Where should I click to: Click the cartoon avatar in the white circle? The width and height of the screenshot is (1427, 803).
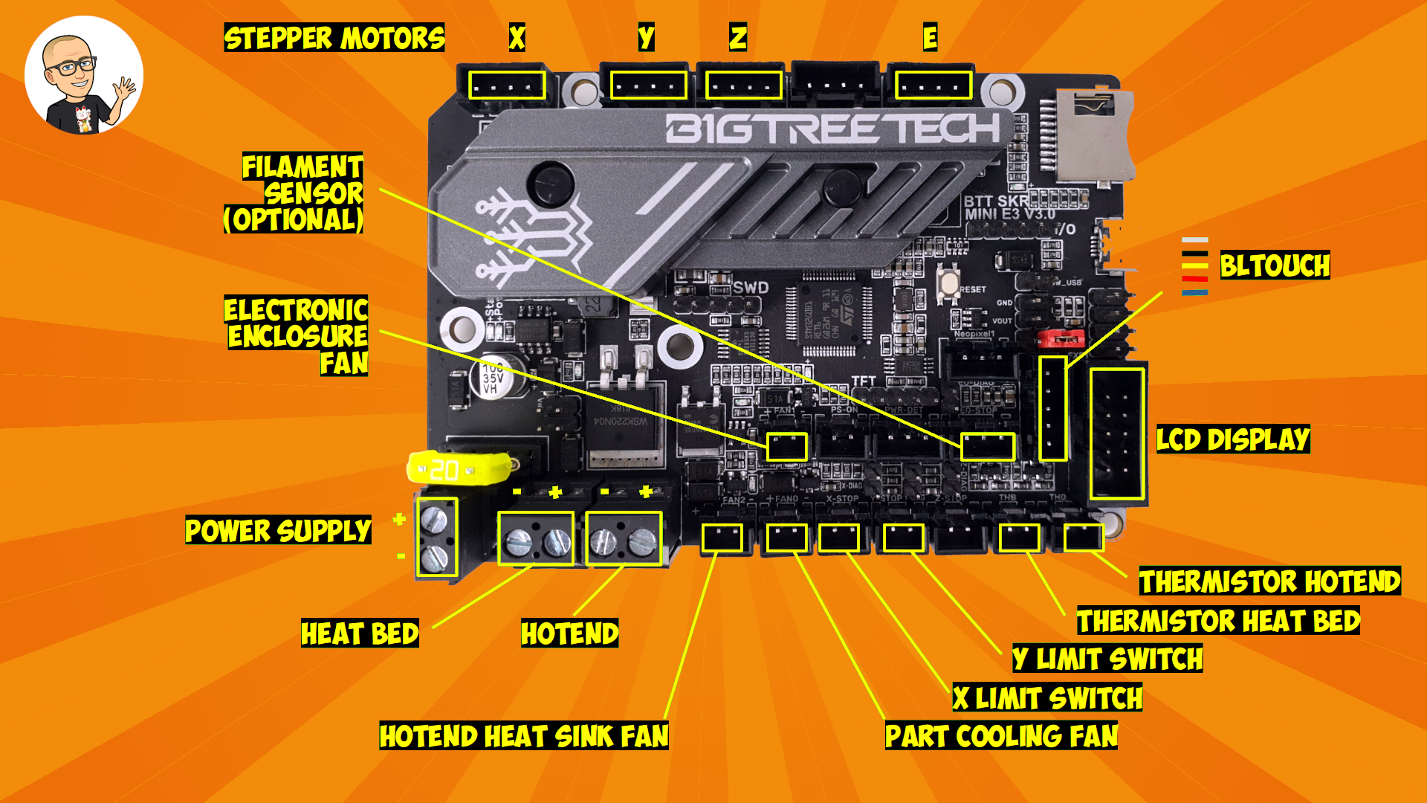click(83, 76)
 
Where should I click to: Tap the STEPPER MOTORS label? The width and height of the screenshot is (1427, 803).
click(334, 38)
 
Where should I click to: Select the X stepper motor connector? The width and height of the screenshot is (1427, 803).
click(507, 86)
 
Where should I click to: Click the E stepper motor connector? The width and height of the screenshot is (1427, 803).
click(933, 86)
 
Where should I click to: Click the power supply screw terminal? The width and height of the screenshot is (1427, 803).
click(436, 537)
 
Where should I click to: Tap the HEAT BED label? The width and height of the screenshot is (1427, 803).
click(360, 633)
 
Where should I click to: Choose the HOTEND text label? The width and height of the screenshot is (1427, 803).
click(569, 633)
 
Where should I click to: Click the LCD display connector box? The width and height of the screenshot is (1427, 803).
click(1117, 433)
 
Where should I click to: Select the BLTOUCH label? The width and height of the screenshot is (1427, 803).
click(1275, 265)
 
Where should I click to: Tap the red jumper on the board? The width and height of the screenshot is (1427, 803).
click(1061, 339)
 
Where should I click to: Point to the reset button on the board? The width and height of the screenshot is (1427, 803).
click(948, 283)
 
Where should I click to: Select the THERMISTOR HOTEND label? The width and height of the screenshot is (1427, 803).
click(1269, 581)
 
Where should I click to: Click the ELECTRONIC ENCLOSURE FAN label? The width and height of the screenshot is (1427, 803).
click(297, 336)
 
